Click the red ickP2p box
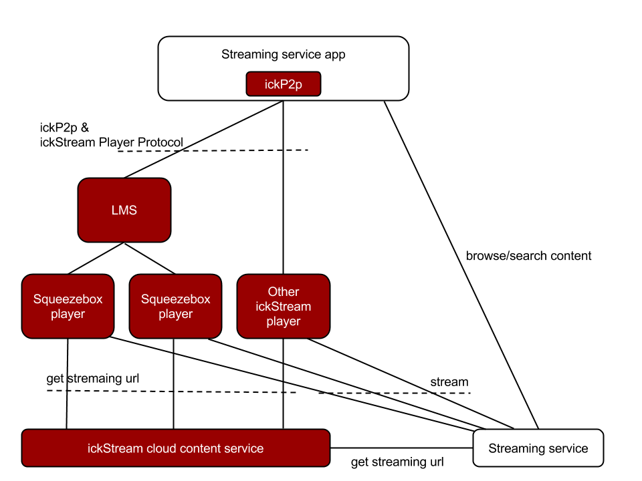(x=284, y=84)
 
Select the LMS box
(x=124, y=210)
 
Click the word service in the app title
(x=300, y=55)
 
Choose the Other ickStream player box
(x=284, y=306)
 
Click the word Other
(x=284, y=292)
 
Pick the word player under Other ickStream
(x=284, y=321)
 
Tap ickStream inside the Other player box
(x=284, y=307)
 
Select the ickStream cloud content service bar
(x=176, y=448)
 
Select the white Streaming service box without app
(x=538, y=448)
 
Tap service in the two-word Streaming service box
(x=567, y=448)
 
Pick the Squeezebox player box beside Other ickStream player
(x=175, y=306)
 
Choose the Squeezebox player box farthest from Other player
(x=68, y=306)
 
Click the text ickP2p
(x=284, y=84)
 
